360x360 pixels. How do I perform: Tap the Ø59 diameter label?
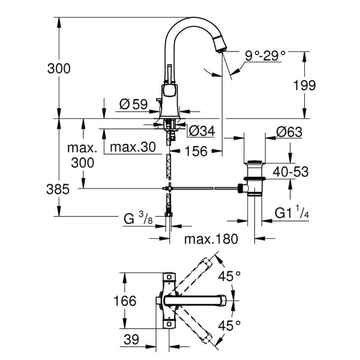point(133,104)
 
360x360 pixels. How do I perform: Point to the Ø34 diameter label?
point(202,130)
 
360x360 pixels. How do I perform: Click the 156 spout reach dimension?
point(196,151)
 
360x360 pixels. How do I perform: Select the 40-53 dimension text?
point(291,172)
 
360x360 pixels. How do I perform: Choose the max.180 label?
point(211,239)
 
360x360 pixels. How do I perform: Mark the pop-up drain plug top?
point(255,163)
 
